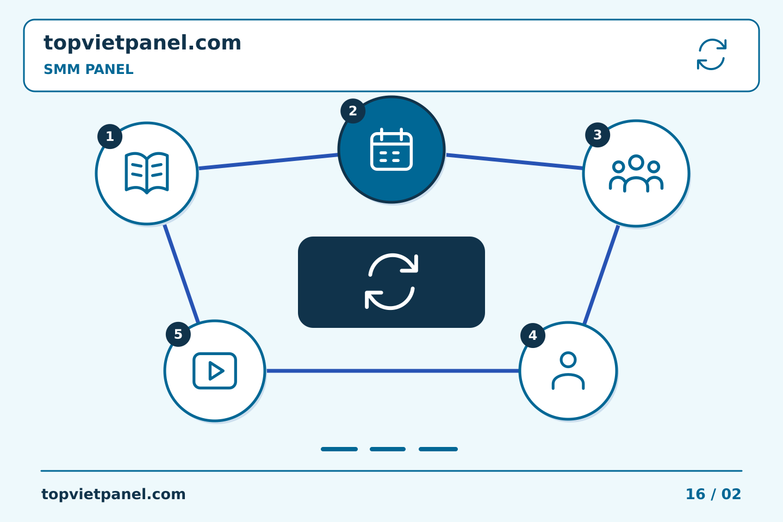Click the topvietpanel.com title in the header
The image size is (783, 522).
coord(142,43)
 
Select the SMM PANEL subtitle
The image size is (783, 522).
coord(89,69)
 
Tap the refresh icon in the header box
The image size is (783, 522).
coord(712,54)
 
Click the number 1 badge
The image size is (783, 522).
coord(110,136)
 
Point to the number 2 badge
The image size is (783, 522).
coord(353,111)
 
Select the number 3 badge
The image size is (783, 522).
coord(598,135)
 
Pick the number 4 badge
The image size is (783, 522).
coord(533,335)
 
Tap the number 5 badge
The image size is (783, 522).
coord(178,334)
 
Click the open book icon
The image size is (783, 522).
coord(147,173)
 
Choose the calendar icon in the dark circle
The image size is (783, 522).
coord(391,150)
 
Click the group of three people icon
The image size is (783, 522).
coord(636,173)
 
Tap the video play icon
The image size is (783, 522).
coord(215,371)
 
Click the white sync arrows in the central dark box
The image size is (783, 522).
coord(391,282)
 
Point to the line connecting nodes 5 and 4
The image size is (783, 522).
coord(393,371)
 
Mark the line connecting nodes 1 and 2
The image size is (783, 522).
coord(268,161)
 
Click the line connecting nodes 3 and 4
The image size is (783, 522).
coord(601,275)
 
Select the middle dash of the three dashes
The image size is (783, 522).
coord(388,449)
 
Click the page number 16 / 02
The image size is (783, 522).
coord(713,494)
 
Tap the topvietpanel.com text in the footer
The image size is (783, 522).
coord(113,494)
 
